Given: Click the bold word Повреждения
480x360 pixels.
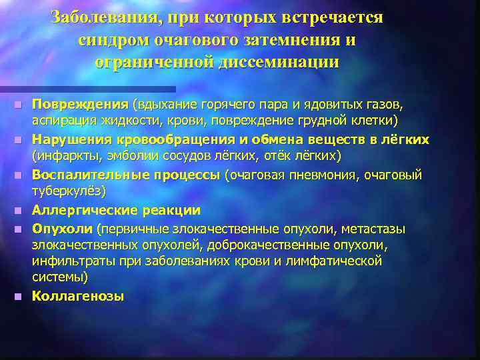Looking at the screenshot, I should point(81,105).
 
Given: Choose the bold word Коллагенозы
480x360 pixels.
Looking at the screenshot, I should point(78,296).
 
